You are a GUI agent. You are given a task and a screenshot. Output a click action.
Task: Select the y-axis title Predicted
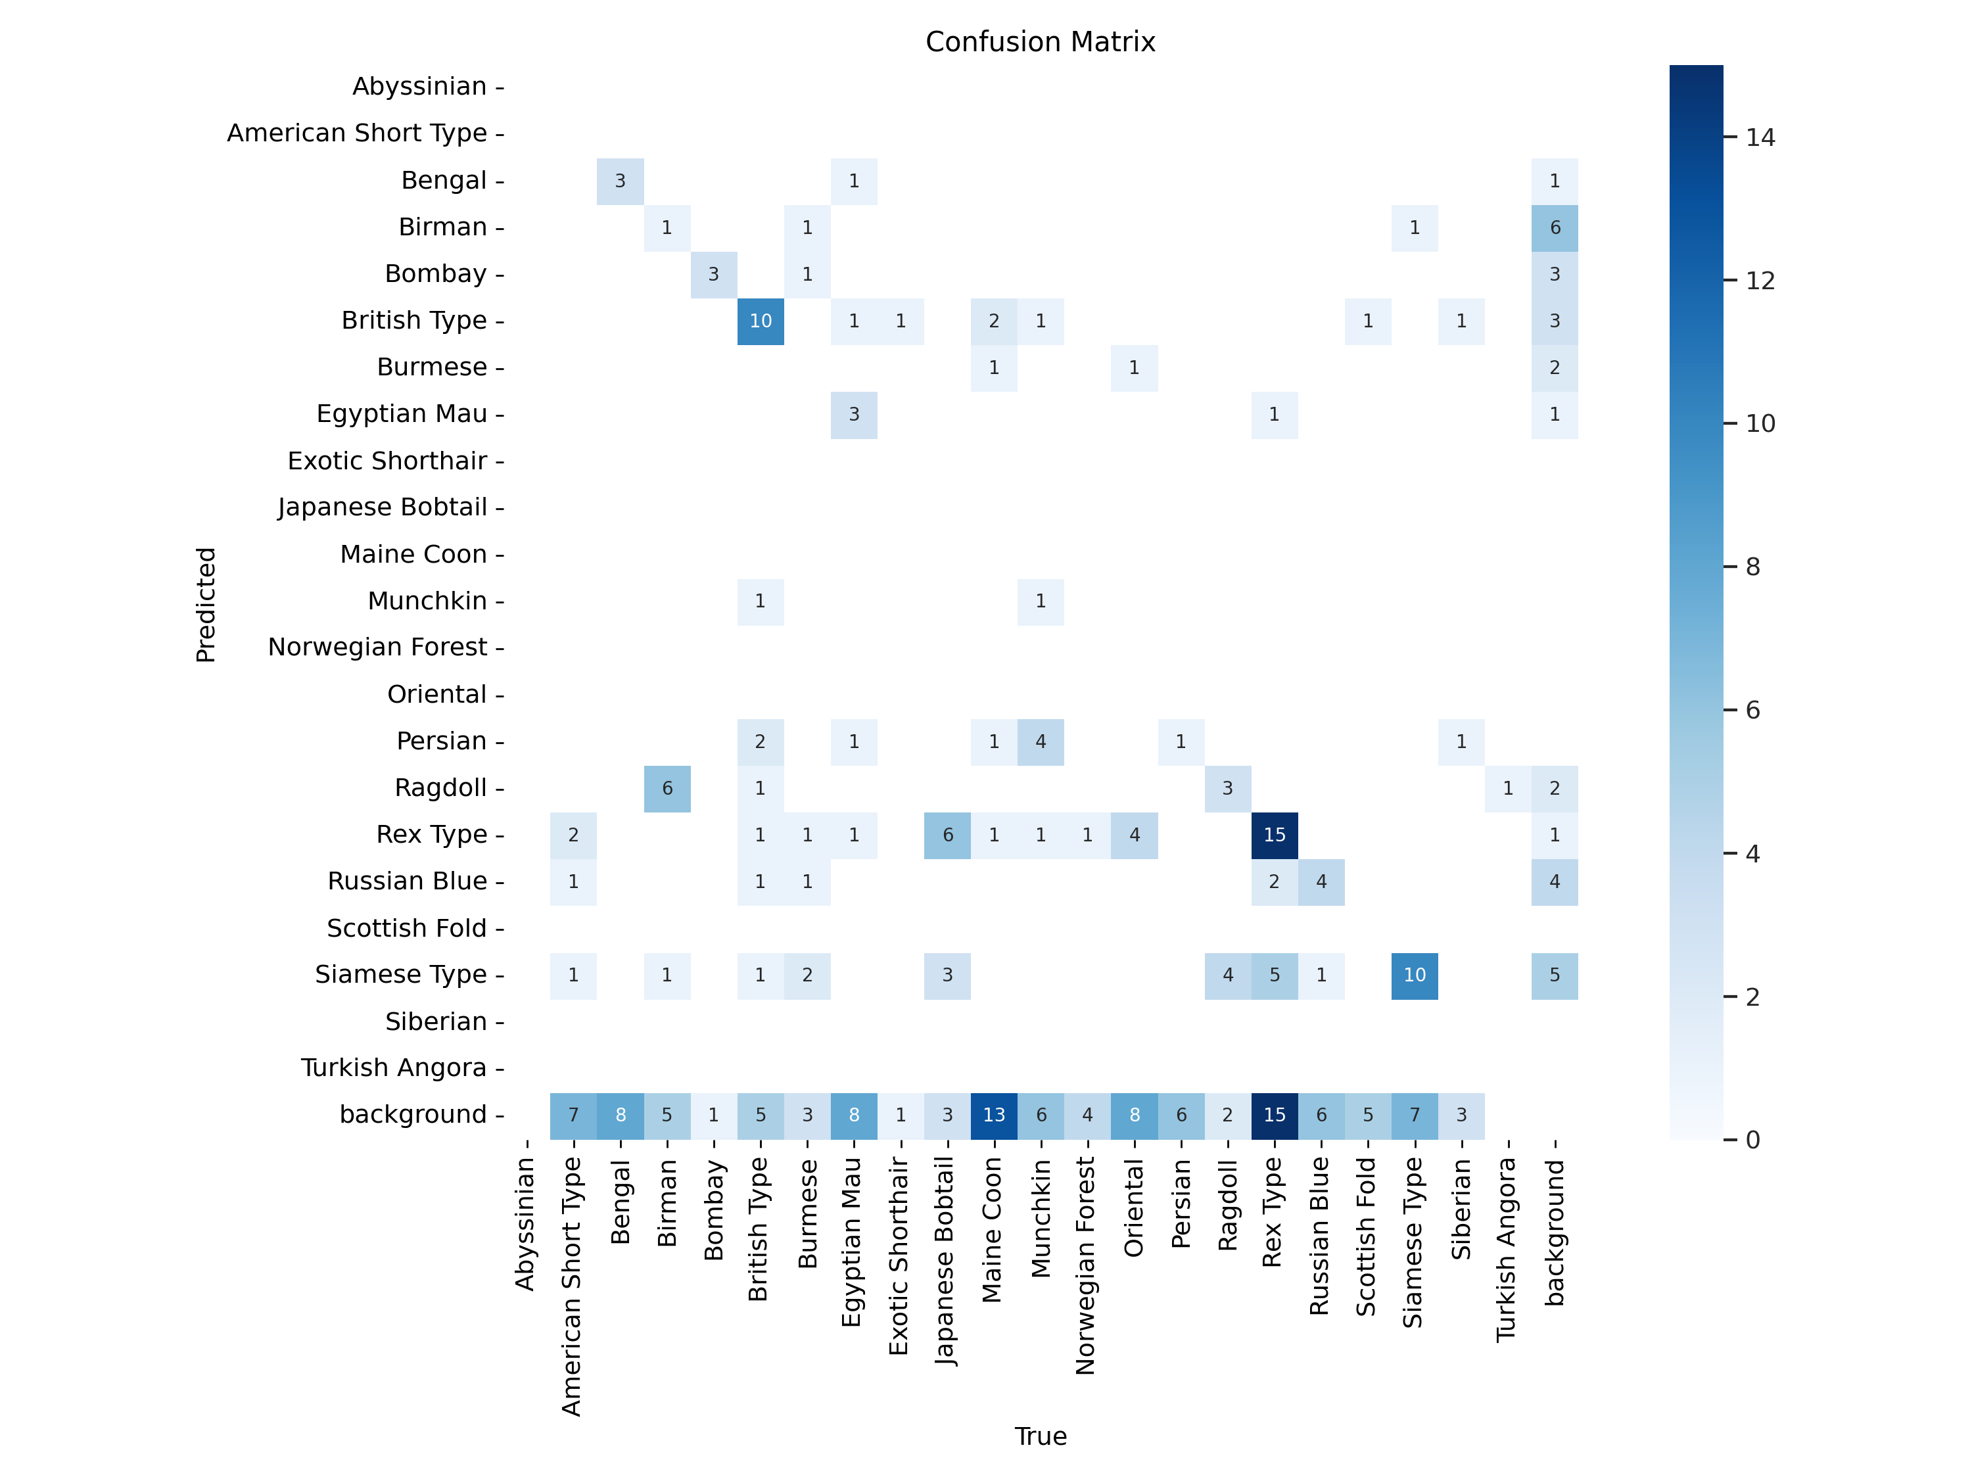point(206,605)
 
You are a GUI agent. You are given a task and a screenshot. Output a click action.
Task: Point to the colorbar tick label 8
point(1752,567)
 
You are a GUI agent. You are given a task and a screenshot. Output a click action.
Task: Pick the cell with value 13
point(993,1114)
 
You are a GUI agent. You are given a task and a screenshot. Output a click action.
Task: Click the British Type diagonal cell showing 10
point(761,321)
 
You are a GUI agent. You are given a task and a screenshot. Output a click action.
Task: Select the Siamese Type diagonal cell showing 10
point(1414,974)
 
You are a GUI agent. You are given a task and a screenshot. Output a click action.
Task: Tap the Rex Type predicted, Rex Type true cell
point(1274,834)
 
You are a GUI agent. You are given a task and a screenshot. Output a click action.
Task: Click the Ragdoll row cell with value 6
point(667,788)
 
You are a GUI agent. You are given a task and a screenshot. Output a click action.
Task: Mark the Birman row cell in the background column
point(1554,227)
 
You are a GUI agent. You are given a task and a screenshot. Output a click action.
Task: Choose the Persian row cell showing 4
point(1041,741)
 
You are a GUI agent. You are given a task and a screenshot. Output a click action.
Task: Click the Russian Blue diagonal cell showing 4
point(1321,881)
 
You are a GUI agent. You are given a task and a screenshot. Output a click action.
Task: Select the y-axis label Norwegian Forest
point(377,647)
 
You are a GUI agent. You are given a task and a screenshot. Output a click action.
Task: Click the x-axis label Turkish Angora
point(1507,1248)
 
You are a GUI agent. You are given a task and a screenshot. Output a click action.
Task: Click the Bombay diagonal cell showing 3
point(713,273)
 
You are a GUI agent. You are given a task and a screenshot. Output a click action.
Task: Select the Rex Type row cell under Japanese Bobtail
point(947,834)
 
